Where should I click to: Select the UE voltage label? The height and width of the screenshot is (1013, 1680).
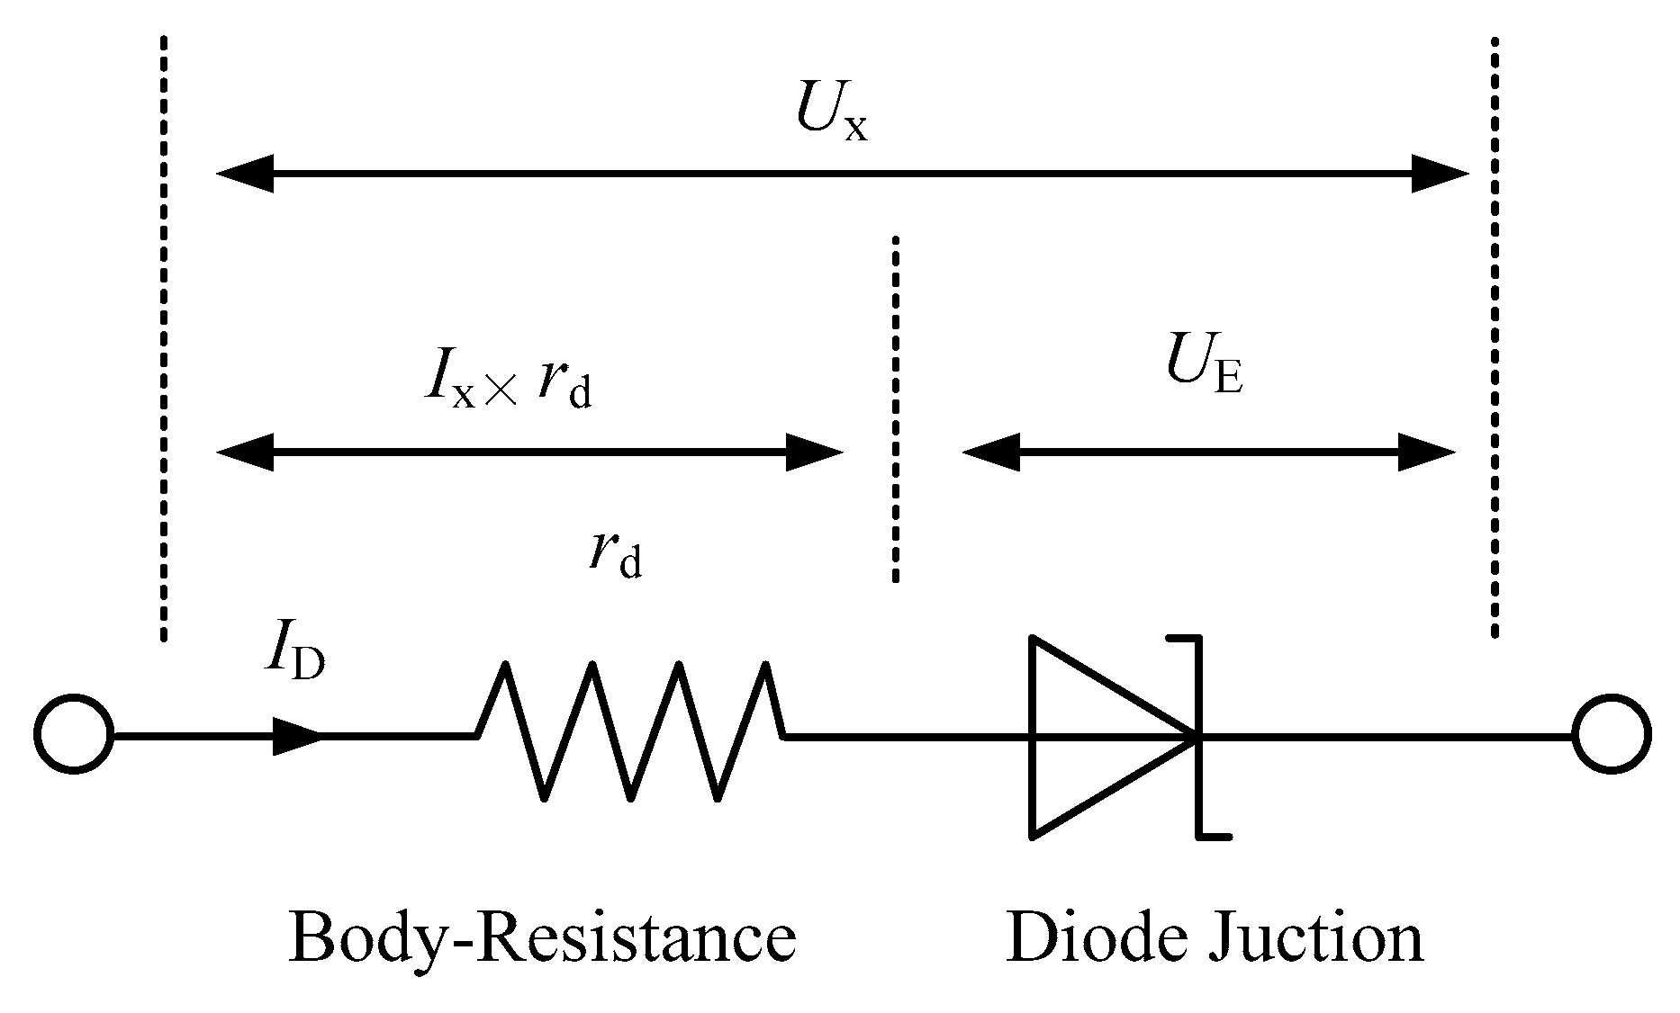point(1204,368)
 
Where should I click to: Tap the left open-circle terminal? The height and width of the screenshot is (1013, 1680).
point(75,734)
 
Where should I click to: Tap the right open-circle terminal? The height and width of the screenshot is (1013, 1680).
point(1612,734)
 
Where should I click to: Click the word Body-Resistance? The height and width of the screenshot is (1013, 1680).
point(542,937)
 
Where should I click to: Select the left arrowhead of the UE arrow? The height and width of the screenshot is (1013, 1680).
point(991,452)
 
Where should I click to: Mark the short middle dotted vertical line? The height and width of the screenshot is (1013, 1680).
point(895,409)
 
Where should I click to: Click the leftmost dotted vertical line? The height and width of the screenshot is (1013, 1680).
point(163,337)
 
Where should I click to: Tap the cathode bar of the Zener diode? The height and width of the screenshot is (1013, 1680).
point(1199,736)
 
